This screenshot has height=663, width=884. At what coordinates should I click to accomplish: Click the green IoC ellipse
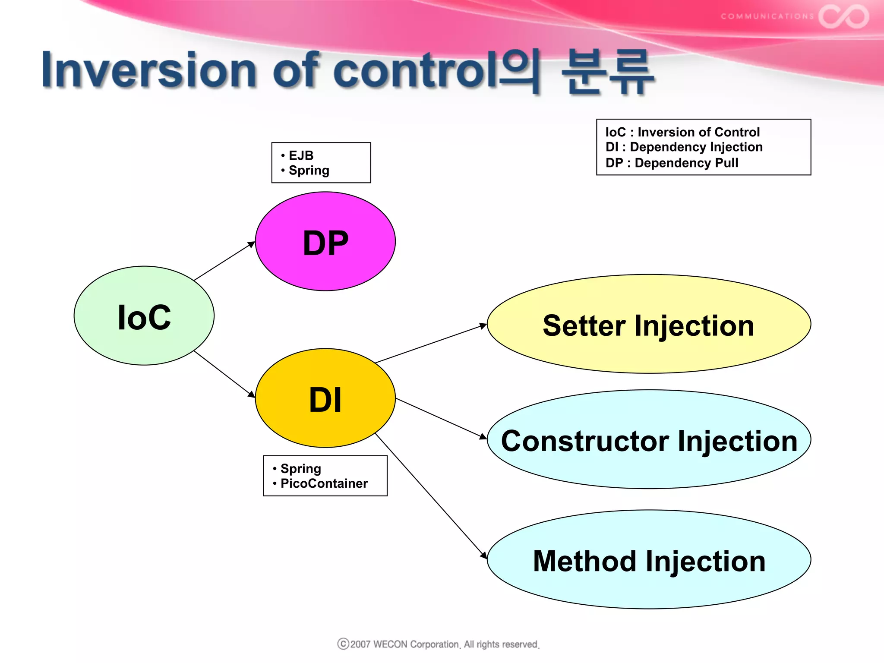click(x=144, y=316)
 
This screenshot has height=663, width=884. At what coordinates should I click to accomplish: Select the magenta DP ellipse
click(x=325, y=241)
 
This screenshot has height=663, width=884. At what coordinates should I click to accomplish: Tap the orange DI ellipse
click(x=325, y=398)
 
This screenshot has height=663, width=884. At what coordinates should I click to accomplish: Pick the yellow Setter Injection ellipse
click(x=649, y=324)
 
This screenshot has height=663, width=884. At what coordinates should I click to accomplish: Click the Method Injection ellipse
click(x=649, y=560)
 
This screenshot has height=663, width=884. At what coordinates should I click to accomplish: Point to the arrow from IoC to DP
click(x=224, y=261)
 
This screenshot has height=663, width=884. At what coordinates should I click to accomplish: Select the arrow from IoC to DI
click(x=224, y=374)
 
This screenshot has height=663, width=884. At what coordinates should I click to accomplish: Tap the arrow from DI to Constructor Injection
click(x=441, y=418)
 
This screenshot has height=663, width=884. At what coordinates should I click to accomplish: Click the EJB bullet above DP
click(x=301, y=155)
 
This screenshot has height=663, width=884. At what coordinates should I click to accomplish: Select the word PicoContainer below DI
click(x=324, y=483)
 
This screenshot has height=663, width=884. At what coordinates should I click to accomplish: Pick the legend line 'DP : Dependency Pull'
click(x=672, y=163)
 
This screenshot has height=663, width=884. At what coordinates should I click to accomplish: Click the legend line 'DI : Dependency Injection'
click(x=684, y=147)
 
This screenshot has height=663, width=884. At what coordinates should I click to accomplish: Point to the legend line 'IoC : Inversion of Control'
click(x=682, y=132)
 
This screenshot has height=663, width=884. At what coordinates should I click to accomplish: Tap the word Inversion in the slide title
click(x=149, y=70)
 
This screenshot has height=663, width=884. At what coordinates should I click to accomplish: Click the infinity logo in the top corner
click(x=843, y=16)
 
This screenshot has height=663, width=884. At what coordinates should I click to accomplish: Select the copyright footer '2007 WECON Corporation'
click(x=439, y=644)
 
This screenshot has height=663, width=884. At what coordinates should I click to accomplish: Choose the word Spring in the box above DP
click(x=309, y=170)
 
